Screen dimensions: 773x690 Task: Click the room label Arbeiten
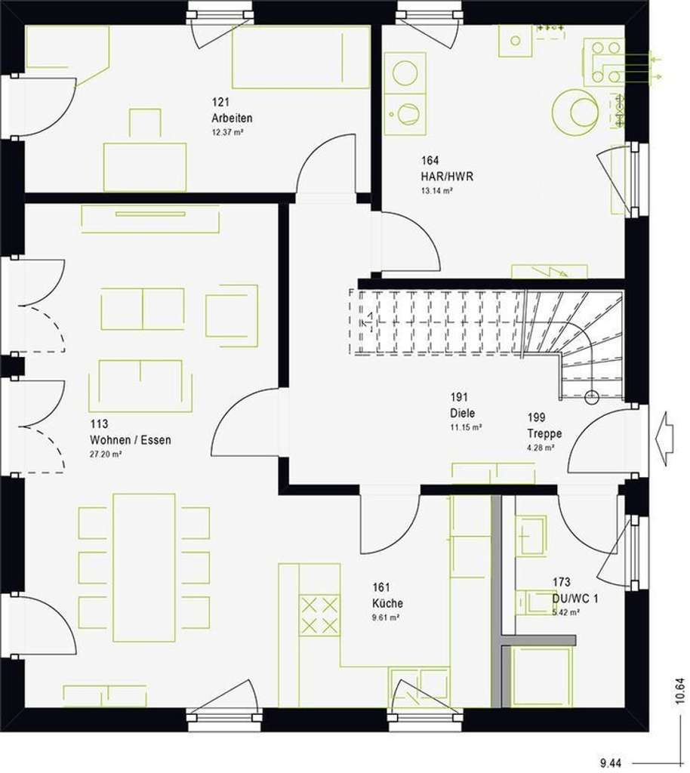(233, 119)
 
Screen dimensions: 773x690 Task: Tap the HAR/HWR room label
(437, 177)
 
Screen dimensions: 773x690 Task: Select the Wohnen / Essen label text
(130, 440)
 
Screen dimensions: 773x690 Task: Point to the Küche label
(387, 603)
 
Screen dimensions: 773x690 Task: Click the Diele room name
(462, 413)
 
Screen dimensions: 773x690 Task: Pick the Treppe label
(544, 433)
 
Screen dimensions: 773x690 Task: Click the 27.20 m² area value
(106, 454)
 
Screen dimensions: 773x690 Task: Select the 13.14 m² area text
(437, 191)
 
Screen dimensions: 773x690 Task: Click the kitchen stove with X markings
(320, 614)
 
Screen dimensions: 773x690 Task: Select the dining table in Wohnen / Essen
(144, 566)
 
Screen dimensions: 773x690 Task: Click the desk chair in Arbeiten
(144, 123)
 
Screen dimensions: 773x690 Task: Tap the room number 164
(430, 161)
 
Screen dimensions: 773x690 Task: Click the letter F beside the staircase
(351, 292)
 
